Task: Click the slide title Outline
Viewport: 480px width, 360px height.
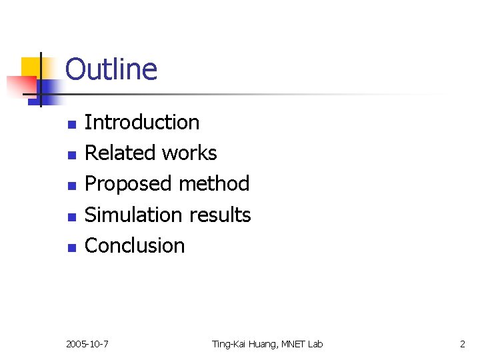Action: pos(111,69)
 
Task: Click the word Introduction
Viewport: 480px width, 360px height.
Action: pos(142,123)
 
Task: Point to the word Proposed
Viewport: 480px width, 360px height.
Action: pos(124,184)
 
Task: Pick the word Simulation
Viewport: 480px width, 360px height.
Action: pos(133,215)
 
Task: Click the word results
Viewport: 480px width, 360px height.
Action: pos(220,215)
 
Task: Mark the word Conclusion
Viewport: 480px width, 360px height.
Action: pos(135,245)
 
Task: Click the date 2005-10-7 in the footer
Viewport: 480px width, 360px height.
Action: pos(88,344)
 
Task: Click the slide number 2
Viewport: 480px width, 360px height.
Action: pos(463,344)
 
